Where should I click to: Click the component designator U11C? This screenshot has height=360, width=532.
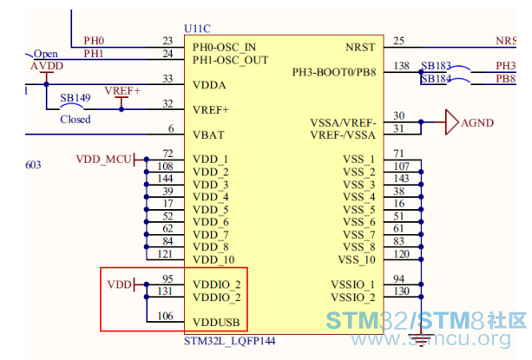pos(197,29)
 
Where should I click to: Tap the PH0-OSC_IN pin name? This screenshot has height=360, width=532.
pos(224,47)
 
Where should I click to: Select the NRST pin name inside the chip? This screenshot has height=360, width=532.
pos(360,47)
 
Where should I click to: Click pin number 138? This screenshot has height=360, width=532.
pos(401,66)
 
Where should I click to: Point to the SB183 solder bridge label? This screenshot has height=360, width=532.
pos(436,65)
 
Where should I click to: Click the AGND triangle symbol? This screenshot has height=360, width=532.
pos(451,122)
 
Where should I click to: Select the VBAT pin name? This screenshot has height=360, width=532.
pos(208,135)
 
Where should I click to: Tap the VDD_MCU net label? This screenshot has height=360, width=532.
pos(103,160)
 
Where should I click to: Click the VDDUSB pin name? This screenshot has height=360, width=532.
pos(216,323)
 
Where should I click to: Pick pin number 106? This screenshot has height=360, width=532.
pos(165,316)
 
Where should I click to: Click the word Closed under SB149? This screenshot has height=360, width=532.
pos(76,120)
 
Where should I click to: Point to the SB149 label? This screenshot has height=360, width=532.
pos(76,98)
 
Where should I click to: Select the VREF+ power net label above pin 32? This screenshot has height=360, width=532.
pos(122,91)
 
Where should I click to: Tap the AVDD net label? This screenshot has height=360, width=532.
pos(47,66)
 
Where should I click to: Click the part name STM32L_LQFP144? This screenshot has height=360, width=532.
pos(230,341)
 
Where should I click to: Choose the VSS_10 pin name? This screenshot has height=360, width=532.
pos(357,259)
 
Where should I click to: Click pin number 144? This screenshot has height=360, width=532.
pos(165,179)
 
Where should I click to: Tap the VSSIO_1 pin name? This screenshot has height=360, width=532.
pos(353,285)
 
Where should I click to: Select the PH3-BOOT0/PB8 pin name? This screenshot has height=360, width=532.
pos(334,72)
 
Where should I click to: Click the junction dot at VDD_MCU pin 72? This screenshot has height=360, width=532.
pos(146,160)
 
